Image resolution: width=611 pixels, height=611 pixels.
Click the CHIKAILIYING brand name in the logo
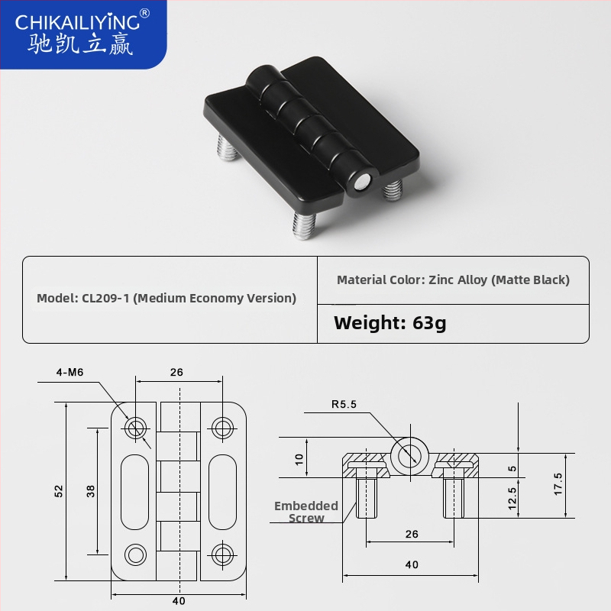76,21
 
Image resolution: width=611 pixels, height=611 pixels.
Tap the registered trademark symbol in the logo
145,13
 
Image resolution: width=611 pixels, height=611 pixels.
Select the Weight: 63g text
390,322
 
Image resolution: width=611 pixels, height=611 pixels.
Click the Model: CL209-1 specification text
166,298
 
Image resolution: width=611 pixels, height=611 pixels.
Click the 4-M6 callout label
70,373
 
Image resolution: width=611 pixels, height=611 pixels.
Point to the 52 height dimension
59,492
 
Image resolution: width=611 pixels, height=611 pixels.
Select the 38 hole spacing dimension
91,492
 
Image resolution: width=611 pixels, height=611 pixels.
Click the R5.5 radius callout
344,405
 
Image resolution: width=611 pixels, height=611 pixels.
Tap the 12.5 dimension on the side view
512,498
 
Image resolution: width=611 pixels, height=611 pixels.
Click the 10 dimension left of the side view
300,459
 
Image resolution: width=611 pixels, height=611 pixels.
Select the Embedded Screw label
306,512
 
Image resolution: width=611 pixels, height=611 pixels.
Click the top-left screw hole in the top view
137,428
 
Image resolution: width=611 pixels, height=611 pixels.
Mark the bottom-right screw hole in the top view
222,554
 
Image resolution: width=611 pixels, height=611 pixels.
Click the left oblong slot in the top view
137,490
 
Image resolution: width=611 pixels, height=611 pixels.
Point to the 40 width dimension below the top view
179,601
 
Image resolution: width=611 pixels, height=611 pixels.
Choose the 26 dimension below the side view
412,534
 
